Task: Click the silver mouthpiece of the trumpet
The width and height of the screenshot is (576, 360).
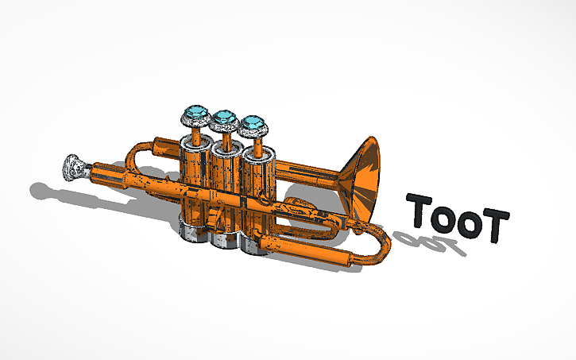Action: coord(74,168)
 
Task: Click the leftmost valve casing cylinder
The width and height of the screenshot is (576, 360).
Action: coord(194,171)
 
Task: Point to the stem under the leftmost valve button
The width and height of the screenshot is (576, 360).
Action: coord(195,134)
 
